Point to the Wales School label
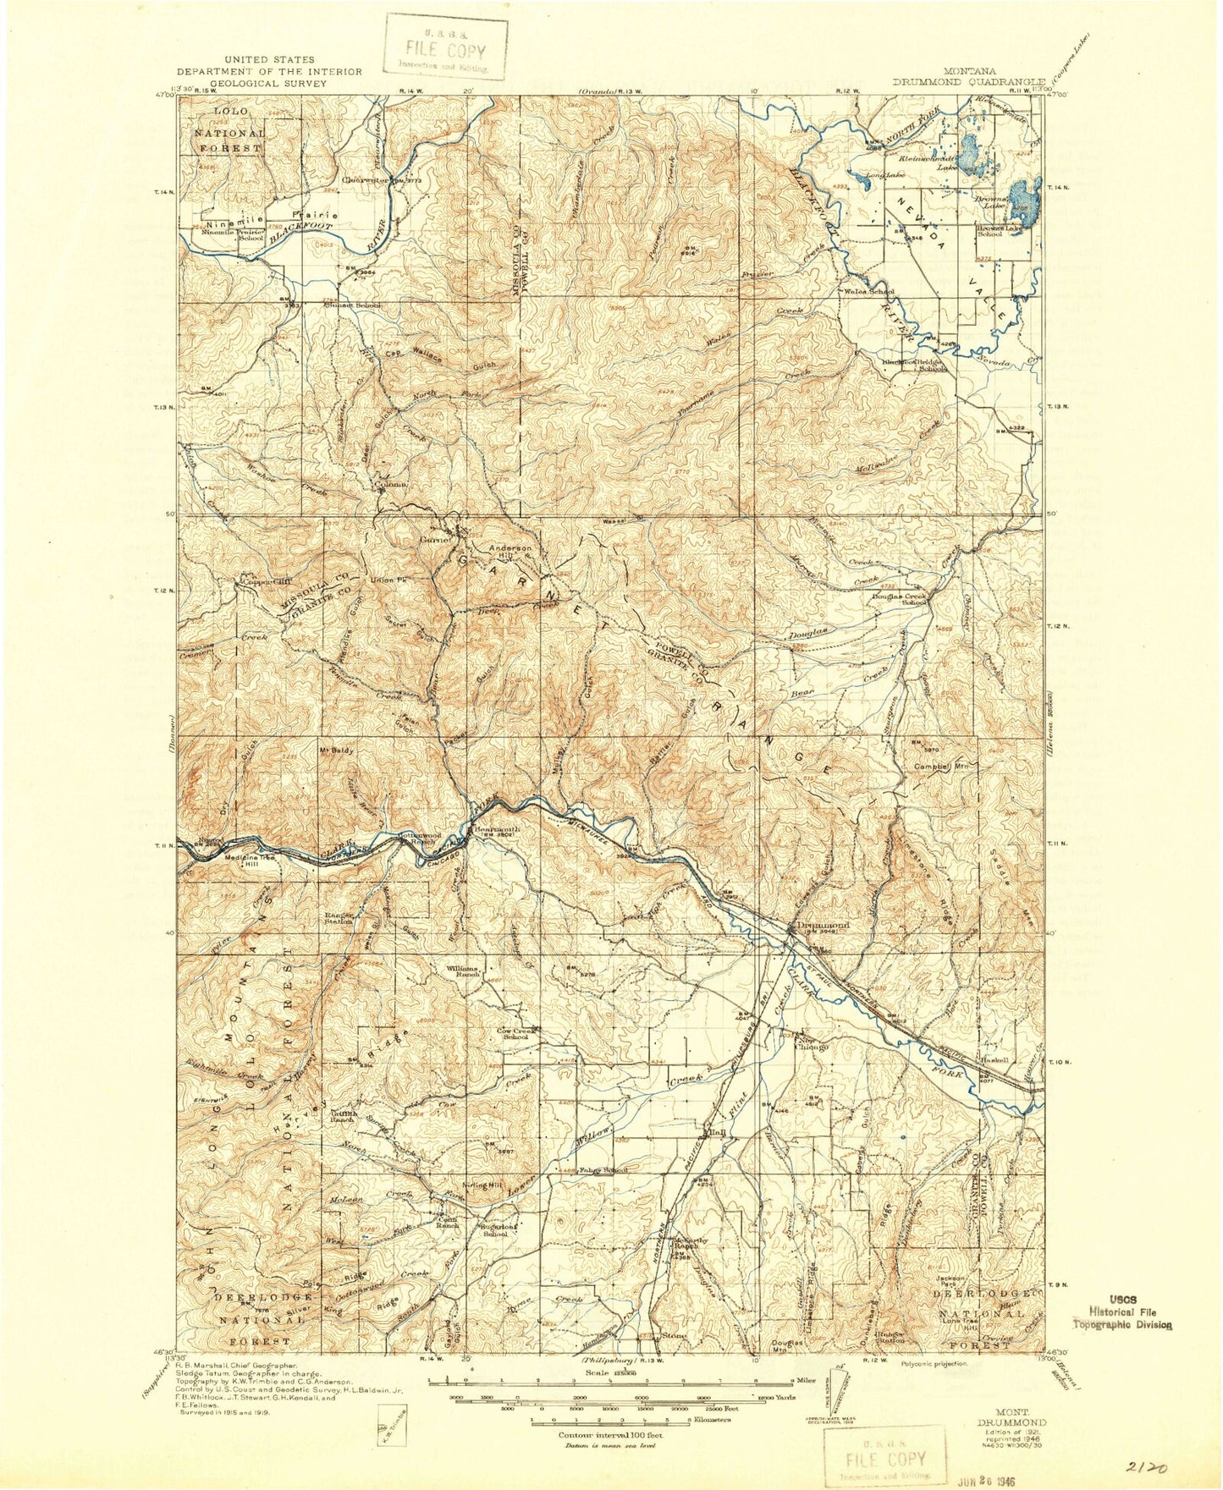click(x=869, y=292)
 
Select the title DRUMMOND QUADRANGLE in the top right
click(x=969, y=83)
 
